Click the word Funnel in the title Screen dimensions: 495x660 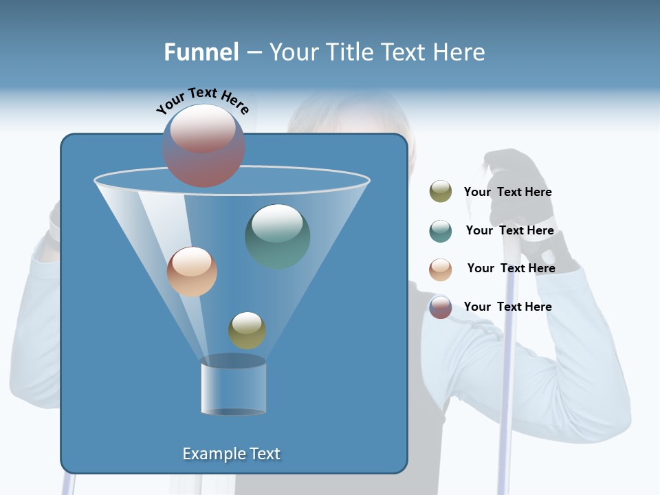201,52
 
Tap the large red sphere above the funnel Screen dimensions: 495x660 203,145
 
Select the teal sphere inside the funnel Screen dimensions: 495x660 278,236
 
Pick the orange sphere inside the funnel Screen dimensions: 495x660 192,272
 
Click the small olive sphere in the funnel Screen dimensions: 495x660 247,330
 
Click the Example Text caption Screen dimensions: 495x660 231,454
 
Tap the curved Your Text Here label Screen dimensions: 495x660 202,100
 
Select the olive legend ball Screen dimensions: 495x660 441,192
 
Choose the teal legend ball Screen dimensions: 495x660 441,231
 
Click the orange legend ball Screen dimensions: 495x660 441,269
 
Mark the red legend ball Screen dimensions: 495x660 441,307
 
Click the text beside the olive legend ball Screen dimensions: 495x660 507,192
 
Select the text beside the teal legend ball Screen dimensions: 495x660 509,230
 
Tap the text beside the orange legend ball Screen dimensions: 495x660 511,268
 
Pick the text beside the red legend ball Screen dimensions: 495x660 507,307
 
